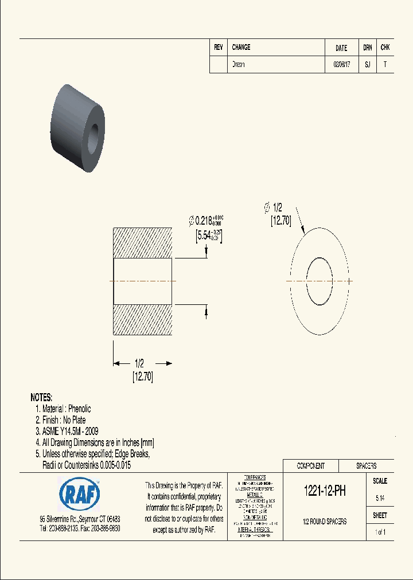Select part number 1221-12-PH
coord(324,491)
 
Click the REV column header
coord(219,48)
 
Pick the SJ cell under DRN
coord(368,65)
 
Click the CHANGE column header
coord(241,48)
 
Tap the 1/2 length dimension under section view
coord(139,363)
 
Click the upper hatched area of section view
coord(142,243)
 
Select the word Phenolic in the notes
coord(79,409)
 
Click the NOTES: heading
coord(41,397)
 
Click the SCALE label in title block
coord(380,481)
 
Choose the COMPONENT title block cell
coord(311,466)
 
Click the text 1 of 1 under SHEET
coord(380,532)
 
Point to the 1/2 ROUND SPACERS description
coord(324,522)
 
